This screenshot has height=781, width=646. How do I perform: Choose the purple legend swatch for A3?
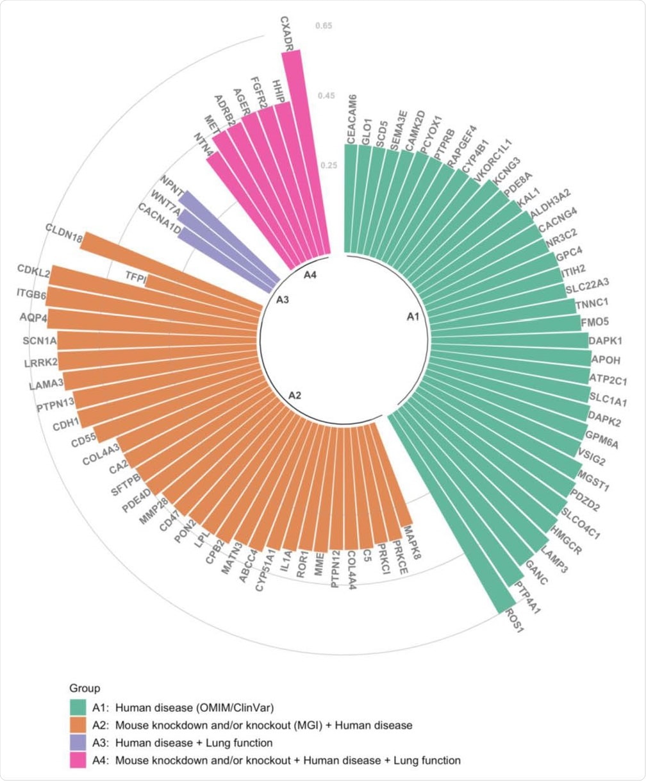[78, 743]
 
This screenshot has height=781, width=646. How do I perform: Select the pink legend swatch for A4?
[78, 760]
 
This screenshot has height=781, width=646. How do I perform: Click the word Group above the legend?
[85, 689]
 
